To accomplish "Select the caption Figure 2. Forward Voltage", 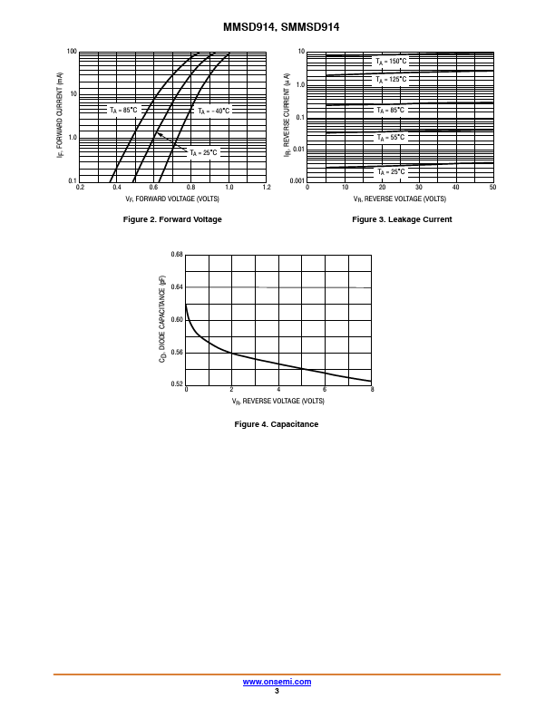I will [x=172, y=219].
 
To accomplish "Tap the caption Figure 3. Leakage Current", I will [x=402, y=219].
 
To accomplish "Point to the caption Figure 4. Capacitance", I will [x=277, y=424].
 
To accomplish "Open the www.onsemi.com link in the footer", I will [x=277, y=682].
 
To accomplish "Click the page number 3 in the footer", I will [x=277, y=691].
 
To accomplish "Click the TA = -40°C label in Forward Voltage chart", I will [x=214, y=111].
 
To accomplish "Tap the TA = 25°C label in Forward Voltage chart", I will [x=203, y=152].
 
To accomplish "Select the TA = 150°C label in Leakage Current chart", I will [x=392, y=62].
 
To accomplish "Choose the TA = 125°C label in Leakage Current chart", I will [x=392, y=80].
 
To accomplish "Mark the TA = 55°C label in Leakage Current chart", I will [x=392, y=138].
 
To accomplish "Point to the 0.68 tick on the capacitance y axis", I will [x=177, y=255].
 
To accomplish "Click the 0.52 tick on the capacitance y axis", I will [x=177, y=384].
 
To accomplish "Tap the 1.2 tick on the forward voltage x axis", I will [x=267, y=188].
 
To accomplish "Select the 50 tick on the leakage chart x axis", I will [x=492, y=188].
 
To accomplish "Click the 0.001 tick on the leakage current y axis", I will [x=297, y=181].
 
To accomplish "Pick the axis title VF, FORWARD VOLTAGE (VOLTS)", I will [x=172, y=198].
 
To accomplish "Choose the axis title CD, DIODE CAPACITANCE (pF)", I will [x=163, y=320].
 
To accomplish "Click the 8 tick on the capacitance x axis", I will [x=372, y=391].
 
